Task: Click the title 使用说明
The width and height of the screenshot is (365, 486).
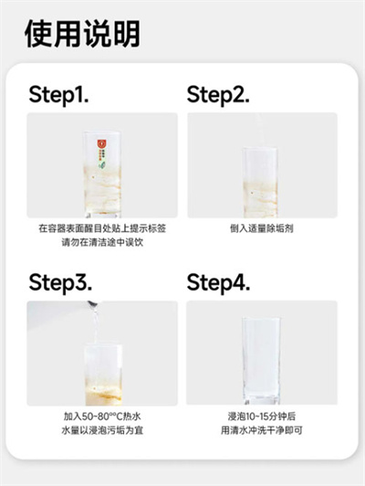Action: click(82, 34)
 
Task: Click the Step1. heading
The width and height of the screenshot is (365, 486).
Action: click(58, 94)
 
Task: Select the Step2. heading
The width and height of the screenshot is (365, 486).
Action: click(218, 94)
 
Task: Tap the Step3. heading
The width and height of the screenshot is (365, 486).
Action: click(60, 282)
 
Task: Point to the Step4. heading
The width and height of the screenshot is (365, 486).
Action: click(218, 282)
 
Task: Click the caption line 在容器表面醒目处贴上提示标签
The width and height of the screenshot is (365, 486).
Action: click(102, 228)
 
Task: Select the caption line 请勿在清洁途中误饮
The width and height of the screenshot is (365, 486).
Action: click(102, 242)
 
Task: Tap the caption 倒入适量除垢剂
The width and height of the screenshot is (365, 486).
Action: click(262, 228)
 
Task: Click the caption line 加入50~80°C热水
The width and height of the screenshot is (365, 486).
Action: click(102, 417)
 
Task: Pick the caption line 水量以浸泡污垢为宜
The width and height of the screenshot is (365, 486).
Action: click(102, 430)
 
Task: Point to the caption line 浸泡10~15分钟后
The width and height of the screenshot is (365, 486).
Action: click(262, 417)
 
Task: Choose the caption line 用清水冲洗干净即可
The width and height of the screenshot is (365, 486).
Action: click(262, 430)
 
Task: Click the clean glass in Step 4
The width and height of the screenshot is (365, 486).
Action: click(261, 361)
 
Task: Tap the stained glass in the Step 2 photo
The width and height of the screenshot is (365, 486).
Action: click(260, 183)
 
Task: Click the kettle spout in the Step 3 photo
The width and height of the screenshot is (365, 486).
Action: click(92, 303)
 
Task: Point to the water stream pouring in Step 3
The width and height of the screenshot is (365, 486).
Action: click(96, 325)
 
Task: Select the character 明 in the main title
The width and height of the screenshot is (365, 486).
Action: click(127, 34)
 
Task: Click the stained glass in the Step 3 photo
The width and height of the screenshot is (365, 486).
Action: click(103, 375)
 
